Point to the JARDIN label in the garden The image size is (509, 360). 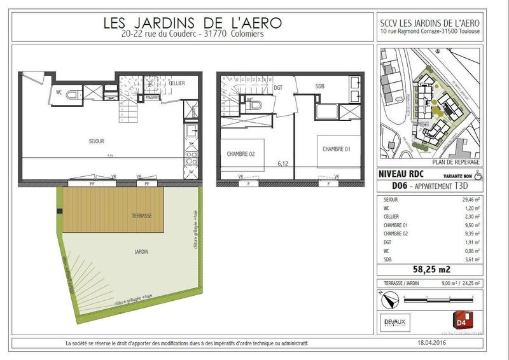(142, 252)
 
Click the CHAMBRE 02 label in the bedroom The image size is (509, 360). (241, 153)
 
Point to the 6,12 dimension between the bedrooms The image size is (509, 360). (283, 163)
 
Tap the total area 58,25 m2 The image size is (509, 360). (435, 270)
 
